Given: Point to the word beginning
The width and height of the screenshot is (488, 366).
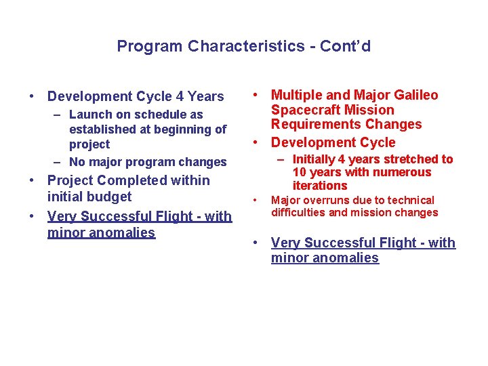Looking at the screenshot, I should [178, 129].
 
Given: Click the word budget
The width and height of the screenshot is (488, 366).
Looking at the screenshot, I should [110, 197].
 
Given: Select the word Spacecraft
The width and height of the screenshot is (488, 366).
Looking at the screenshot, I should [304, 110].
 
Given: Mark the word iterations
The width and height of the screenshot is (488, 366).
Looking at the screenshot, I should [320, 185].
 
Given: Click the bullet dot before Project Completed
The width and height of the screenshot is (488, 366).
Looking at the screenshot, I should [31, 181].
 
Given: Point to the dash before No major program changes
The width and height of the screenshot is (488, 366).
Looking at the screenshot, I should [58, 163].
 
